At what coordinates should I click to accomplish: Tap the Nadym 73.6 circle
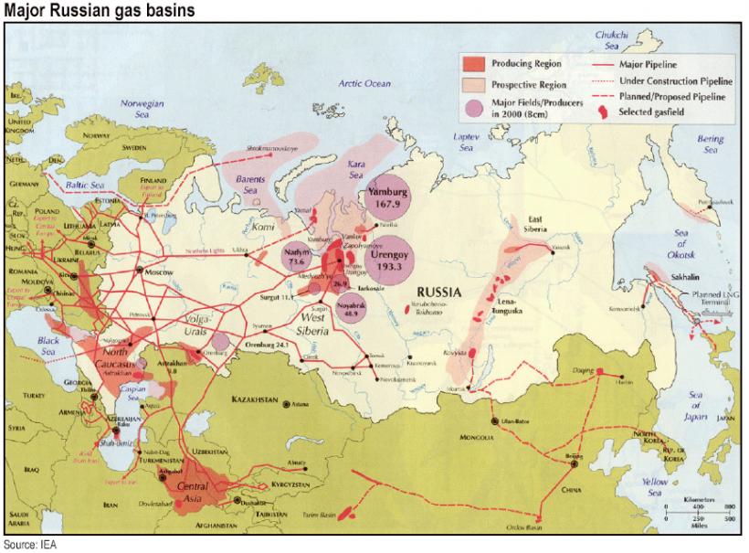296,256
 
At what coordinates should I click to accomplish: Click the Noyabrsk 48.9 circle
352,307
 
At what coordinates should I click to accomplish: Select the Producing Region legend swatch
473,64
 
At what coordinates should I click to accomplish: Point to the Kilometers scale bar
698,511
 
